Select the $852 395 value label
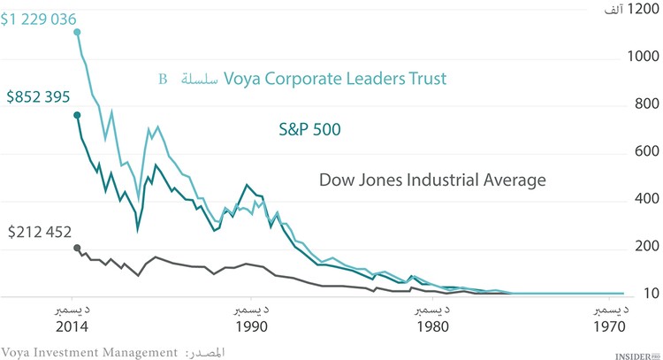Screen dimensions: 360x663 point(38,96)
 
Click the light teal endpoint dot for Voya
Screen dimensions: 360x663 point(77,32)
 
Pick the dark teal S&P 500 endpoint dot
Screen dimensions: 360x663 point(77,115)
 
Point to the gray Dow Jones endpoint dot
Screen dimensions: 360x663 point(77,248)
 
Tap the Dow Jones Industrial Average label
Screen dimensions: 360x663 point(432,180)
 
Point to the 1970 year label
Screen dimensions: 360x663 point(610,326)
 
